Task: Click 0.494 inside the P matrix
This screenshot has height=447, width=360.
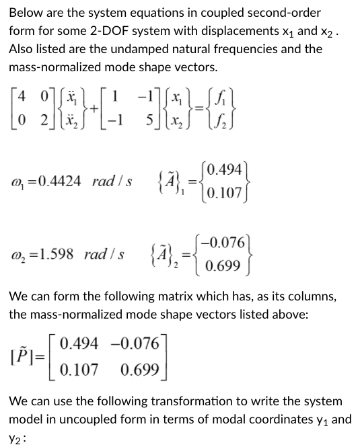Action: [79, 346]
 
